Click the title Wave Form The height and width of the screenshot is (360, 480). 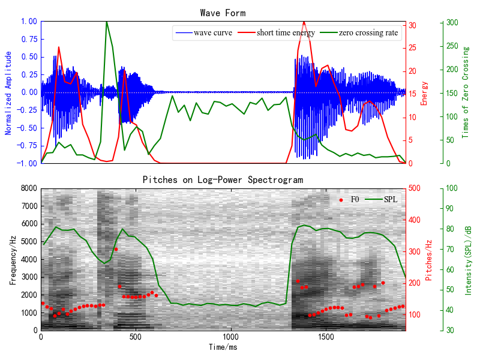point(223,13)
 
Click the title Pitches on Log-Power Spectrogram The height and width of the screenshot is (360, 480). point(223,179)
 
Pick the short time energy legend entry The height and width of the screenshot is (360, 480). point(285,32)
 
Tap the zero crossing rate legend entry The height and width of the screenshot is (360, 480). point(368,32)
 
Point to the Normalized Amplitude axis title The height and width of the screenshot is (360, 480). point(9,92)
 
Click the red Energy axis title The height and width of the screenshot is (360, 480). point(424,92)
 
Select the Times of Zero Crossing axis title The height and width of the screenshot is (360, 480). point(466,92)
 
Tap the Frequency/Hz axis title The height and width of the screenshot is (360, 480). point(13,259)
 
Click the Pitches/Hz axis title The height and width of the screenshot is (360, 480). point(428,259)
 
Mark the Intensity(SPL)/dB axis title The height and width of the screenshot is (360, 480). point(469,259)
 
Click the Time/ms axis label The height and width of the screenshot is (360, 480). point(223,347)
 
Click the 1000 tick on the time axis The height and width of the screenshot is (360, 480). point(230,337)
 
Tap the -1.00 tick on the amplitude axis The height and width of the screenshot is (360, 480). point(26,163)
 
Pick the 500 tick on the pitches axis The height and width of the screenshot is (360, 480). point(416,188)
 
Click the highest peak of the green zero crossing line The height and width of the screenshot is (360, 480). point(106,22)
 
